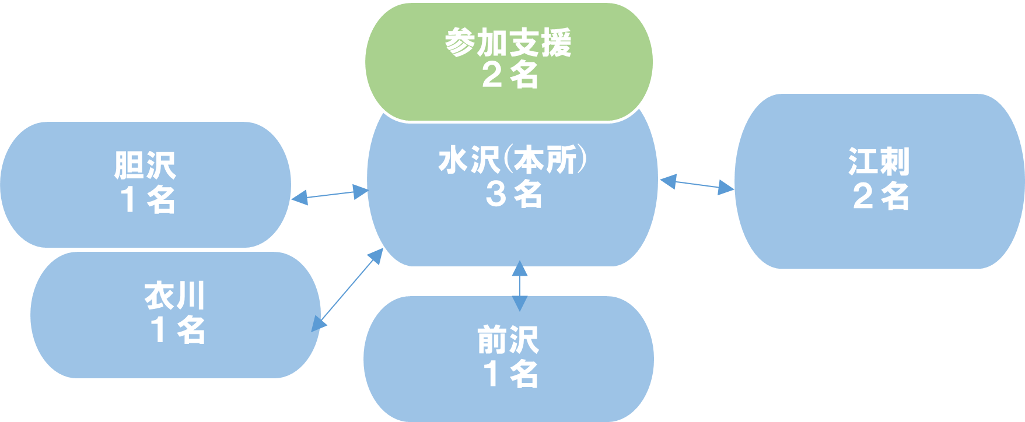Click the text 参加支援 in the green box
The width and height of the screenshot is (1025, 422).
point(508,43)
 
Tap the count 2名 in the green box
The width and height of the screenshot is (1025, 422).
point(509,75)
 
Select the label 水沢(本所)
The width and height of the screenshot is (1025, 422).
point(512,161)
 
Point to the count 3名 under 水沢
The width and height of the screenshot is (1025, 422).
point(513,194)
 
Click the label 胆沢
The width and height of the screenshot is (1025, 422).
point(145,166)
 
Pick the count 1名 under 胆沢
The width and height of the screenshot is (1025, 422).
point(148,199)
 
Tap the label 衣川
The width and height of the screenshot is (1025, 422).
point(174,296)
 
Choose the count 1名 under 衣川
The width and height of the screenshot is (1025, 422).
point(177,329)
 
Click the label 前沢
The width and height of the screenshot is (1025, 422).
point(508,340)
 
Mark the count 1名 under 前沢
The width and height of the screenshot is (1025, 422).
point(510,374)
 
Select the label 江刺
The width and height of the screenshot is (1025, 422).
point(879,162)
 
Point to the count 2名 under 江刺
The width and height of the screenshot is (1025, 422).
point(880,196)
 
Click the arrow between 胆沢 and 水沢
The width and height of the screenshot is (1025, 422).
point(330,194)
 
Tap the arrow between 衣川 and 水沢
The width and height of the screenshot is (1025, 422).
point(348,289)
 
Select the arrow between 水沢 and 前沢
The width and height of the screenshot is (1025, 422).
point(520,286)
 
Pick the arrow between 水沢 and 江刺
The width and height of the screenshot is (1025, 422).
point(697,184)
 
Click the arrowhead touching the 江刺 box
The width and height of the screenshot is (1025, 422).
point(727,188)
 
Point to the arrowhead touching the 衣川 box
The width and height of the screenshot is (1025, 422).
point(317,324)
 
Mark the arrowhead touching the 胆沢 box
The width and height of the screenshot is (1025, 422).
point(299,198)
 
